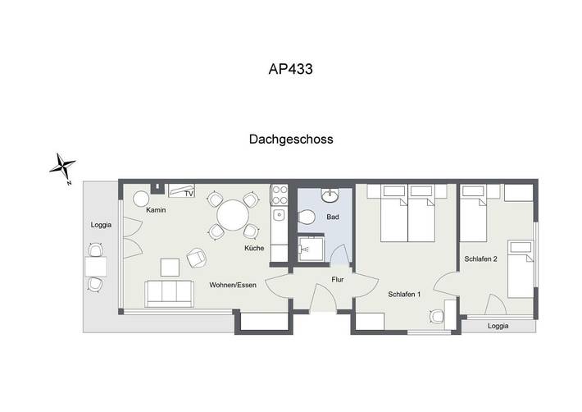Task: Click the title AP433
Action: click(x=290, y=70)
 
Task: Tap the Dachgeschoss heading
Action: click(x=290, y=140)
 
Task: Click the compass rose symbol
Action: click(x=62, y=167)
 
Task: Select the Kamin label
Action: click(x=156, y=210)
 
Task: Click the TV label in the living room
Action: click(x=188, y=195)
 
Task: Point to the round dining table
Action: click(x=232, y=216)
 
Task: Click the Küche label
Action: click(x=254, y=248)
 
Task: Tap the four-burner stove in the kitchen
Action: click(x=280, y=195)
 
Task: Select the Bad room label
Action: click(x=332, y=217)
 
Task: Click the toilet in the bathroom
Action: click(x=307, y=217)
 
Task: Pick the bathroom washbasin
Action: click(x=330, y=195)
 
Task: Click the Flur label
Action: click(x=337, y=279)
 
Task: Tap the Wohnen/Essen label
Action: click(x=233, y=285)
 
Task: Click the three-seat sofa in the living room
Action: click(x=169, y=292)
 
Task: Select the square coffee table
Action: click(x=170, y=267)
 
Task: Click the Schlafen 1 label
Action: click(x=404, y=293)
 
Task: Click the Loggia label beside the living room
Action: click(x=101, y=225)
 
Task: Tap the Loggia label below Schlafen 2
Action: click(x=498, y=326)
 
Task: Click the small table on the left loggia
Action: click(x=95, y=266)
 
